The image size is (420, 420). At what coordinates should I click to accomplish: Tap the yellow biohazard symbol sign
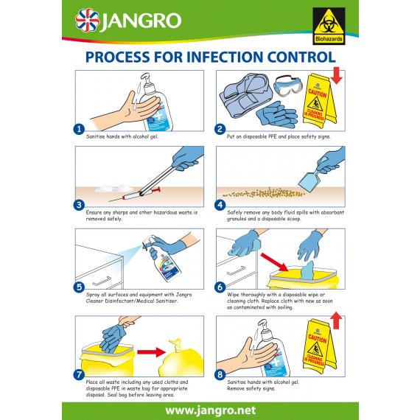(327, 21)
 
